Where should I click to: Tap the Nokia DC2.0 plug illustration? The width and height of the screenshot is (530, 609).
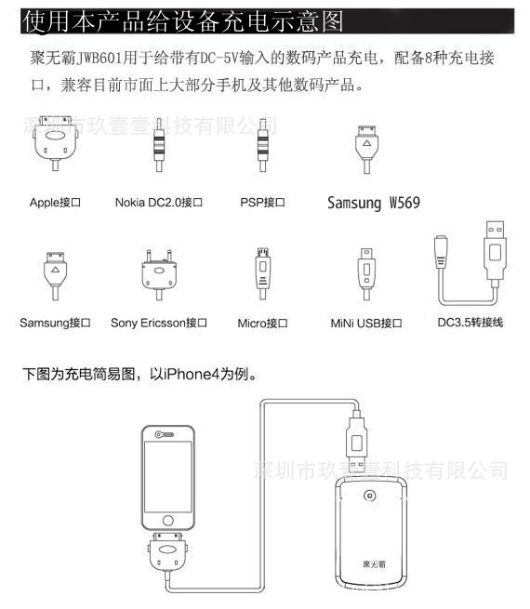click(159, 145)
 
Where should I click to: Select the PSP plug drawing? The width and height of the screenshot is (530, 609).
click(262, 145)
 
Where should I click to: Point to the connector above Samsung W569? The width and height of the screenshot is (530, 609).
click(366, 149)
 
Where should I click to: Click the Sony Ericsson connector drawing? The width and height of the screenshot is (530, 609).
click(159, 274)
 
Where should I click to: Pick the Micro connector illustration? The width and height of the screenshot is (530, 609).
click(262, 273)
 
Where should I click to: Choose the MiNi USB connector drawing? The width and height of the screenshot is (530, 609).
click(366, 274)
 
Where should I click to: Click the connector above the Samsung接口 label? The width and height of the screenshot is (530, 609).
click(56, 276)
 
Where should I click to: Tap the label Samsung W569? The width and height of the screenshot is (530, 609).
click(374, 203)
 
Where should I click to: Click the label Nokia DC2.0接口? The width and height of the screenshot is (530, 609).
click(159, 203)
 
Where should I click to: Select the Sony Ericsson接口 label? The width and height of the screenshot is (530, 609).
click(159, 323)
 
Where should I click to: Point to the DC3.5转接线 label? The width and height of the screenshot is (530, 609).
click(470, 323)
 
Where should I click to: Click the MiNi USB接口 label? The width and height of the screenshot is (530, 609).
click(366, 324)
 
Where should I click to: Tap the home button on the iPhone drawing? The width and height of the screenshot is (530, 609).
click(168, 521)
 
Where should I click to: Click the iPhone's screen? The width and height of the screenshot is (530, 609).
click(168, 477)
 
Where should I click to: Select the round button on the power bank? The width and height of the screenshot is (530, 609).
click(370, 496)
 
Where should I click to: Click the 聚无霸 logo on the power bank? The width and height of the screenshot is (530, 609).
click(374, 563)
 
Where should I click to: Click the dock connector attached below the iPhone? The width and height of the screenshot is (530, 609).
click(168, 551)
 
